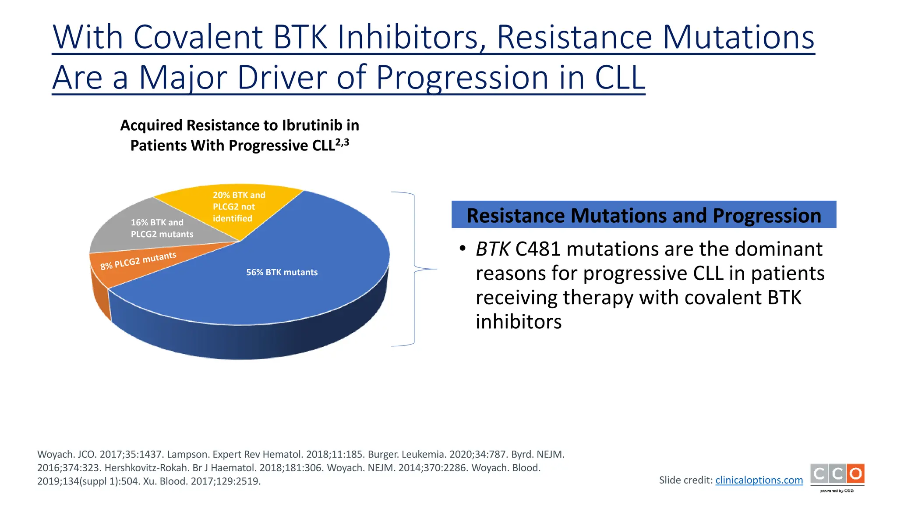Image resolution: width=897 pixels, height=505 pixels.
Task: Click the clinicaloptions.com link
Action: pos(759,480)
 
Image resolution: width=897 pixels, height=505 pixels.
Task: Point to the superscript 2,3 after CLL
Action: pos(342,142)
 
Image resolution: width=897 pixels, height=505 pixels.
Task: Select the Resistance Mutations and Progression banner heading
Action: pos(643,215)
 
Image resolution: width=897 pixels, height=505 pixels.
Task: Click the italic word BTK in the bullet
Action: pos(492,249)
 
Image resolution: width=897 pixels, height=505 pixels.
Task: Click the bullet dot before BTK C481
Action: pos(462,249)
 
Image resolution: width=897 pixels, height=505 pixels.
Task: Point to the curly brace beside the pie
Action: pos(414,269)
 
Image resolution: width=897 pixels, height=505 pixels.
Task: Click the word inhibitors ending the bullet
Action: pos(518,322)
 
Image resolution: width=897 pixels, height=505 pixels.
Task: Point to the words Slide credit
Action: pos(685,480)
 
